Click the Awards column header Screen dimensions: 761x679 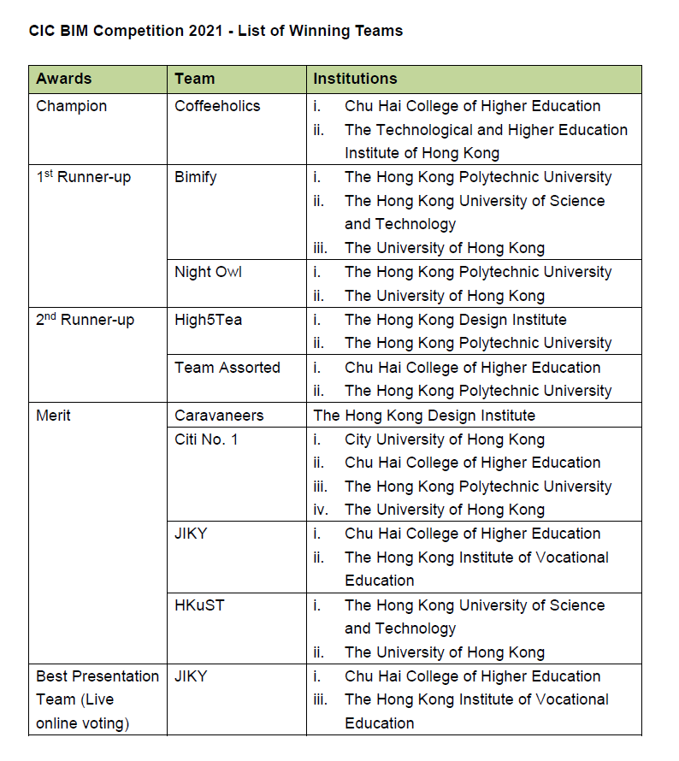[63, 79]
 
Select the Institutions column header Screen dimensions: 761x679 [355, 79]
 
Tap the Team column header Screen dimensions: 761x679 [194, 79]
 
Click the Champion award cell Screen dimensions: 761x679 [72, 106]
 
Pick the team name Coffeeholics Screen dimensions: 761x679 [217, 106]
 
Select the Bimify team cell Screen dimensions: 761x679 [196, 177]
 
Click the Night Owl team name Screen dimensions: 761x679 [208, 272]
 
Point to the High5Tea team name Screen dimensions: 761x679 [208, 320]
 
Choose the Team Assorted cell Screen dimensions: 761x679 [227, 368]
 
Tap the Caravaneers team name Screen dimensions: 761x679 [219, 416]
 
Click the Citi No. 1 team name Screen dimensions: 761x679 [206, 439]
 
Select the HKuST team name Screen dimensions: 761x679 [199, 605]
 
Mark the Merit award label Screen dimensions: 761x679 [53, 416]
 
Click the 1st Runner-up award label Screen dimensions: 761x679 [84, 177]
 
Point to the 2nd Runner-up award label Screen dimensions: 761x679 [85, 320]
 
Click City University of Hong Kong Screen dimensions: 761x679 [444, 439]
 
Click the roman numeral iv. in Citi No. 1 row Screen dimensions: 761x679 [320, 510]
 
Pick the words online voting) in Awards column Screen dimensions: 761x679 [82, 723]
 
